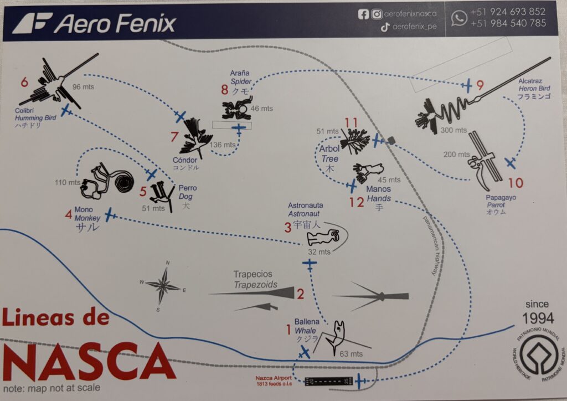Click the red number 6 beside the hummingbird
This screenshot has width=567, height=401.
tap(24, 83)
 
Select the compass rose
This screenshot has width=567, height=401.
tap(163, 286)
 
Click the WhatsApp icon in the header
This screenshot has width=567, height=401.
tap(458, 18)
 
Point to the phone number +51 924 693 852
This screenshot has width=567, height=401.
tap(508, 12)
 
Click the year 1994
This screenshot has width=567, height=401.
tap(538, 318)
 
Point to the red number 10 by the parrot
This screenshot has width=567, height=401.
tap(515, 183)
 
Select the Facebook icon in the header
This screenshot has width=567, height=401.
tap(363, 14)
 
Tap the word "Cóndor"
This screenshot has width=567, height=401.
tap(184, 160)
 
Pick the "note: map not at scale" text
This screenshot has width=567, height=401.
tap(51, 388)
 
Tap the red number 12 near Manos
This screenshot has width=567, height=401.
tap(357, 202)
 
